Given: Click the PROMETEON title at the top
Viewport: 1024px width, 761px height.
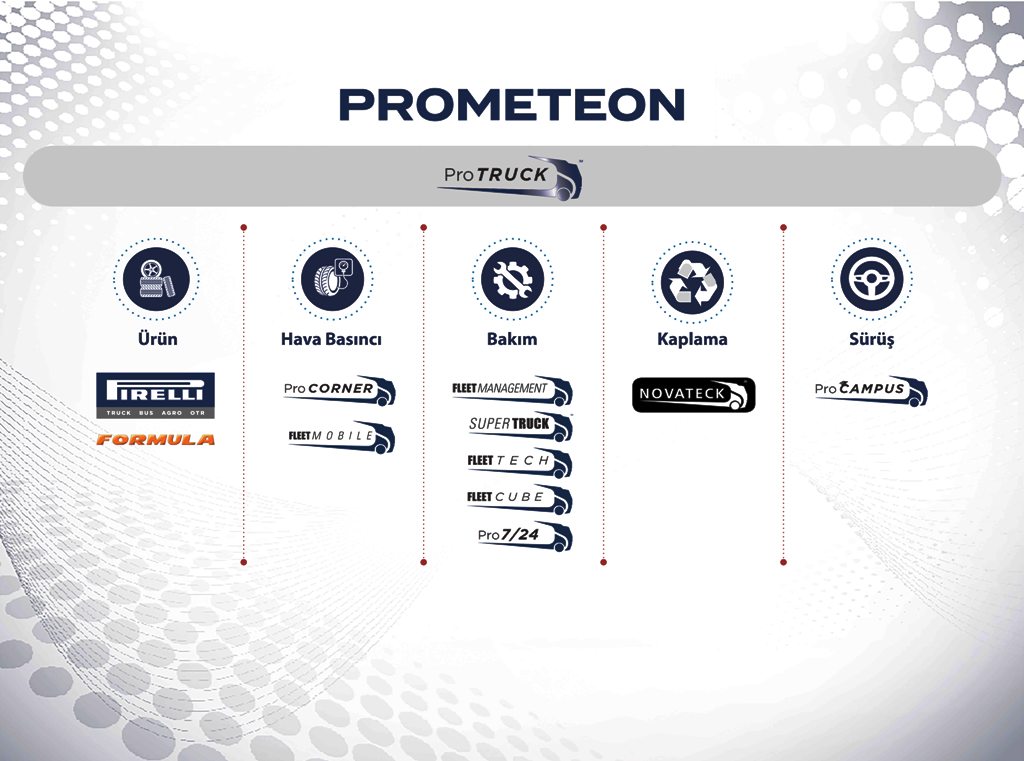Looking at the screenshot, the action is coord(511,105).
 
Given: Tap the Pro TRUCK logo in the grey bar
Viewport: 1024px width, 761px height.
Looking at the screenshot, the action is coord(510,177).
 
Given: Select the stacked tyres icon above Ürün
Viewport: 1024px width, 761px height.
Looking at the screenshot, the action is coord(156,280).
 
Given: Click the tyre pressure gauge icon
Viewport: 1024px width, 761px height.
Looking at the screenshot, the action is coord(333,280).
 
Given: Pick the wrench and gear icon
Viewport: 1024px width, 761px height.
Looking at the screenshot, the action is coord(513,280).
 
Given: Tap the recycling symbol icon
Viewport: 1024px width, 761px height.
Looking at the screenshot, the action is coord(692,282).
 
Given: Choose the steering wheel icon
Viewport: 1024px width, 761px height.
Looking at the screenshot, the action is coord(872,280).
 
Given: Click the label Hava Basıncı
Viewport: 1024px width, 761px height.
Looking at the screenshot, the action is coord(331,339).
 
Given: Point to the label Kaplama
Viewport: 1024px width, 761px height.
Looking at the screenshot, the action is coord(692,339).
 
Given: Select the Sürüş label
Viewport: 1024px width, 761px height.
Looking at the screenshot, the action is coord(872,339).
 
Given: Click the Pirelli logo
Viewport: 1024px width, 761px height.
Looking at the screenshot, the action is coord(155,395).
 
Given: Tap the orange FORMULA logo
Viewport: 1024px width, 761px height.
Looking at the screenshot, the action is coord(155,440).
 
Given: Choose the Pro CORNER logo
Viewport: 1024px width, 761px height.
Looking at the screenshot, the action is coord(340,390).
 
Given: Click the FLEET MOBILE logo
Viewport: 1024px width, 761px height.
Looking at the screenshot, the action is coord(342,437).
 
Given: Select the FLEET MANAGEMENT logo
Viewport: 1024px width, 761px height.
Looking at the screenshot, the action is coord(513,390).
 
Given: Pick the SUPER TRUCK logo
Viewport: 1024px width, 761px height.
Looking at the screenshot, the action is coord(520,426).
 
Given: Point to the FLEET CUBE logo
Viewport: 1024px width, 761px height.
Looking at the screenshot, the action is coord(520,499).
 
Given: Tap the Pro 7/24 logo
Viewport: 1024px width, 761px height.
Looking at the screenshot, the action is coord(525,536).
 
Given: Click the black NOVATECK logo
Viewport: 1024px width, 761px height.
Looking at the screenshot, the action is coord(694,395).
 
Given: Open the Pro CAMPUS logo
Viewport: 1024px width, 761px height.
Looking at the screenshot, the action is coord(871,390).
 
